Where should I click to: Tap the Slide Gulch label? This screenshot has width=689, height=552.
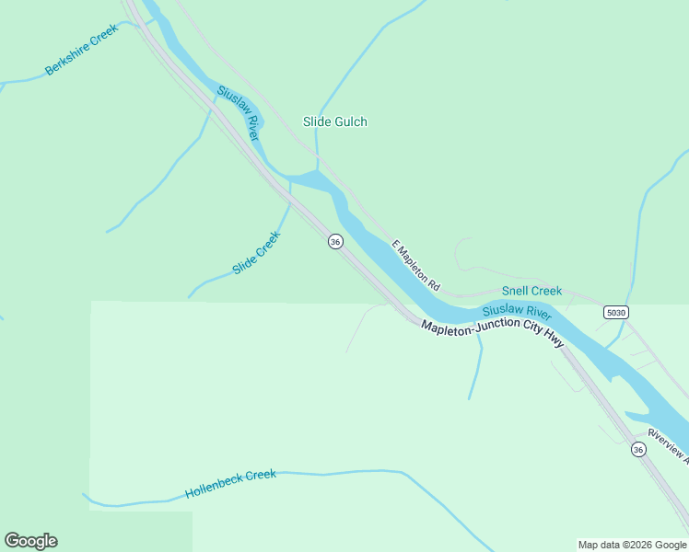pos(335,121)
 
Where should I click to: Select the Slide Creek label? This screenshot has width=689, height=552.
pos(257,253)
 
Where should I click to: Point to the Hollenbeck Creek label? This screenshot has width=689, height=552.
pos(230,483)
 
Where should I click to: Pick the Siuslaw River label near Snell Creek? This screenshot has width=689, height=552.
pos(517,311)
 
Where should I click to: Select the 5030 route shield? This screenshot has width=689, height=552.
pos(616,313)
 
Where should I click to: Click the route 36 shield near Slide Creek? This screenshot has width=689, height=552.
pos(335,241)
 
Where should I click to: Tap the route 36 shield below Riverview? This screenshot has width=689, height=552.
pos(638,449)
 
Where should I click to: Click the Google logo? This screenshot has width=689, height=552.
pos(30,541)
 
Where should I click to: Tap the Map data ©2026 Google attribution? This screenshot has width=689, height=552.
pos(633,545)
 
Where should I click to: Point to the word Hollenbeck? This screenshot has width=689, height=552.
pos(215,487)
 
